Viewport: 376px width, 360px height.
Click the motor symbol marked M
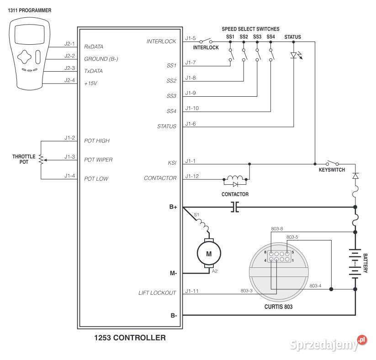209,254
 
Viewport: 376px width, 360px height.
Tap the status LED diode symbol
293,56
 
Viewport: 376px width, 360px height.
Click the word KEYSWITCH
332,170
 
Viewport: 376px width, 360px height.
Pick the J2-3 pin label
69,68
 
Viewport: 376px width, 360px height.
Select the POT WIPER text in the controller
98,160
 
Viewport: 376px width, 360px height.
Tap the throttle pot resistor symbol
40,160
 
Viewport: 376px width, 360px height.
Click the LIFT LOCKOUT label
157,293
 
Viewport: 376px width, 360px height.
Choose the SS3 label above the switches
257,37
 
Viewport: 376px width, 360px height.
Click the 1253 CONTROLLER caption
129,338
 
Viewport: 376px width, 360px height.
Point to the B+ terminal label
173,207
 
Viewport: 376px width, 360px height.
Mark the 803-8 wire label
277,229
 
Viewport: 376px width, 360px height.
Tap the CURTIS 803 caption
278,307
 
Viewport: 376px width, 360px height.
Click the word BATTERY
365,263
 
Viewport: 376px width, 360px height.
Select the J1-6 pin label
191,124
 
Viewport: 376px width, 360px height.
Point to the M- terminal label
173,273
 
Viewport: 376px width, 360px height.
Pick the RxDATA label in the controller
94,47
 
